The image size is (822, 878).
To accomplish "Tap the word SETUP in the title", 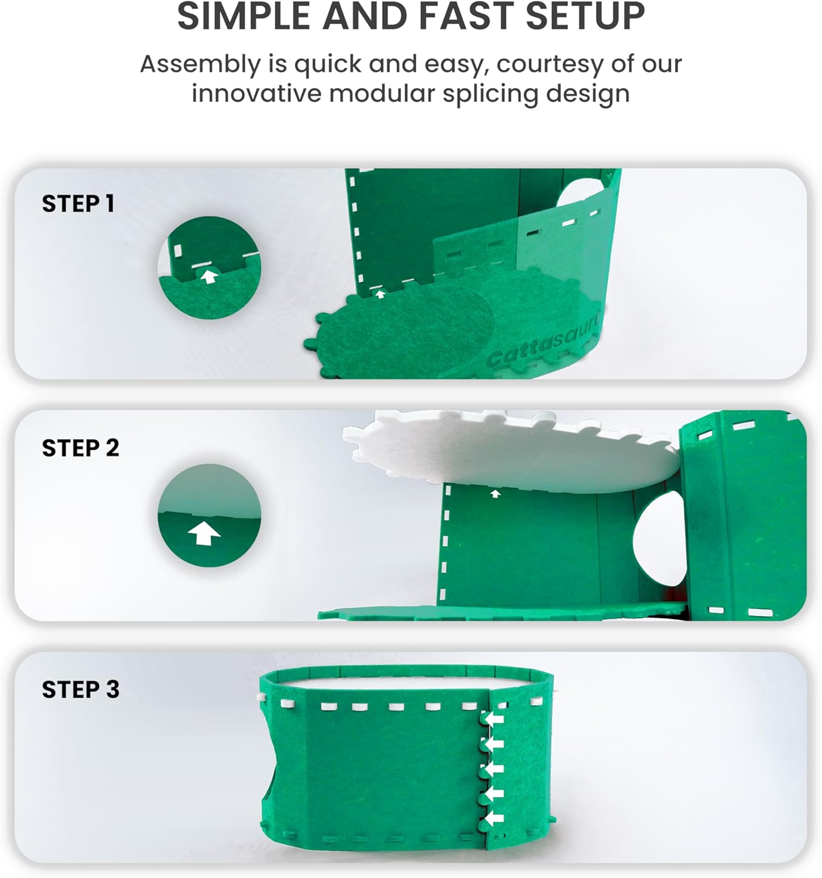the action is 585,16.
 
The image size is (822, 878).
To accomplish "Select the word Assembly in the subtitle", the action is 200,65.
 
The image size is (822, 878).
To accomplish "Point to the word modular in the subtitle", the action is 382,94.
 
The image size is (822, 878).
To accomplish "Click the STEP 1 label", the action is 78,204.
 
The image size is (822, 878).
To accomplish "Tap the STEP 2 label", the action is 81,448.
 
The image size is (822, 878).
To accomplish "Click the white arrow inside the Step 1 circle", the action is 209,277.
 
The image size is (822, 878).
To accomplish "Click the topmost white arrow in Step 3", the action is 494,720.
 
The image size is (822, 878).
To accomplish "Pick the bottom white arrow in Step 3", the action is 494,818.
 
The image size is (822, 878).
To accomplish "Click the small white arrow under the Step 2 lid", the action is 495,493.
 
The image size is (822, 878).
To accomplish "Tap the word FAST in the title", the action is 466,16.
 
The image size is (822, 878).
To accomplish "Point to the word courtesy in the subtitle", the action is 550,65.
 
